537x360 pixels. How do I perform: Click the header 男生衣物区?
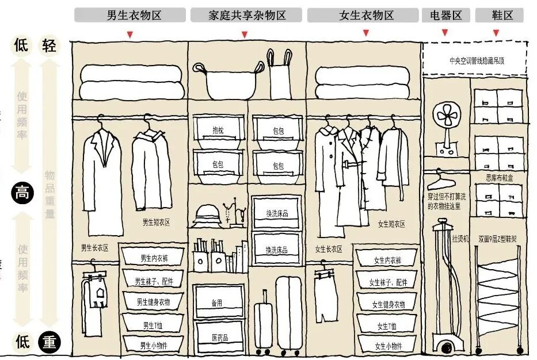pyautogui.click(x=130, y=15)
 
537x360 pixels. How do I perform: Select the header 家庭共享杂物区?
pyautogui.click(x=246, y=15)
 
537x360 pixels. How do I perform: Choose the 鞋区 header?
pyautogui.click(x=499, y=15)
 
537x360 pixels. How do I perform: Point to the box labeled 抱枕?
pyautogui.click(x=218, y=131)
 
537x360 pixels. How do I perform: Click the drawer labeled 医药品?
pyautogui.click(x=219, y=337)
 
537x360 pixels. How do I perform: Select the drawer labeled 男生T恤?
pyautogui.click(x=153, y=325)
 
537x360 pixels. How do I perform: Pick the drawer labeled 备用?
pyautogui.click(x=218, y=303)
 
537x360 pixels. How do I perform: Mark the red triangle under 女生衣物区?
pyautogui.click(x=365, y=34)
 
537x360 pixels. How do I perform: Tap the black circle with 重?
pyautogui.click(x=49, y=343)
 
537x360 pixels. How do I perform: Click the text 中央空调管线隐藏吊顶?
pyautogui.click(x=475, y=59)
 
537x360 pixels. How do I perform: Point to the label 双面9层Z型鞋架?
pyautogui.click(x=497, y=239)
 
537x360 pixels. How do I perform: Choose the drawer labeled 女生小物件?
pyautogui.click(x=388, y=346)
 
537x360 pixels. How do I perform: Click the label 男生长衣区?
pyautogui.click(x=95, y=248)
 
